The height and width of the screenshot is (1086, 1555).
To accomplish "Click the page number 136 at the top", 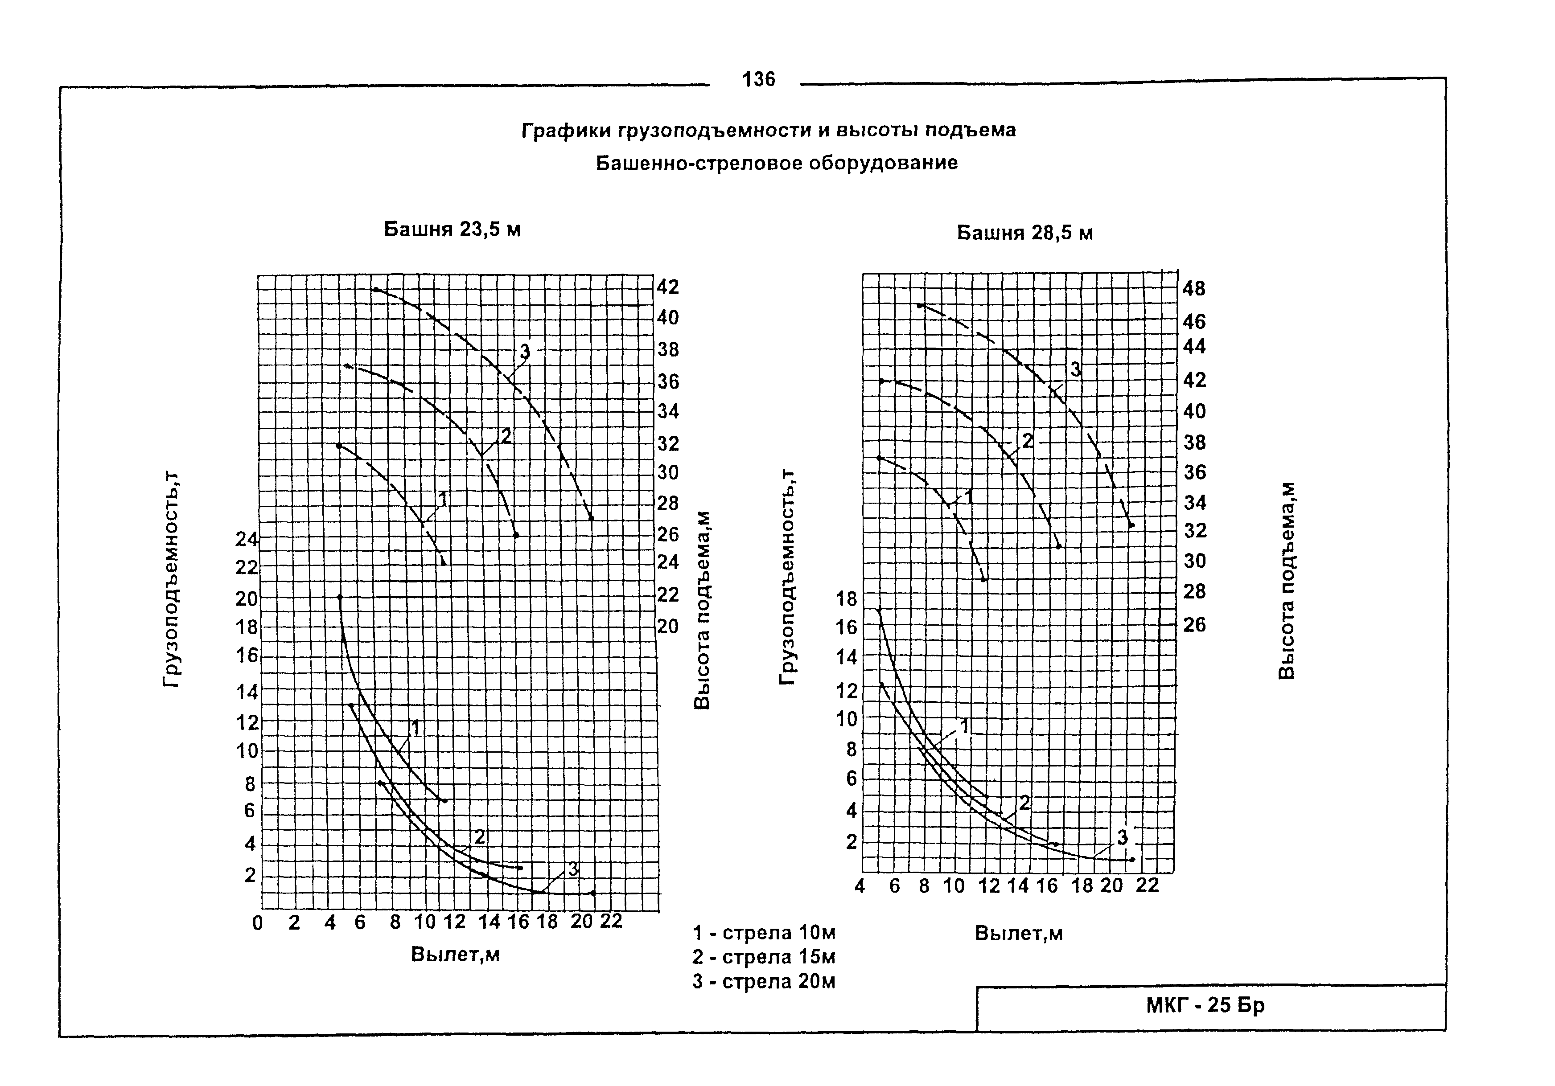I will tap(758, 80).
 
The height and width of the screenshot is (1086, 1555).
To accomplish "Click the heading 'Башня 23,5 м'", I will tap(452, 229).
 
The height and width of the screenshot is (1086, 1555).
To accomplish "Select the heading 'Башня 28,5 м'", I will tap(1024, 233).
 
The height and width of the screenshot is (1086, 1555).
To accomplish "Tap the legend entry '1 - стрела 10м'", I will tap(763, 933).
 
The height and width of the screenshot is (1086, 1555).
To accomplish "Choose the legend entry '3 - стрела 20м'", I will tap(763, 982).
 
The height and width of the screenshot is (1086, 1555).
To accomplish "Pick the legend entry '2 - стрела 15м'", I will tap(763, 957).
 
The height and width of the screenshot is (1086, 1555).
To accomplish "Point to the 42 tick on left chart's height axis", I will tap(668, 287).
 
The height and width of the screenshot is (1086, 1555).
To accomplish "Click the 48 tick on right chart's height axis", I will tap(1194, 289).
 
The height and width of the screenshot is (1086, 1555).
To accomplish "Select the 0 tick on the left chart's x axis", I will tap(257, 923).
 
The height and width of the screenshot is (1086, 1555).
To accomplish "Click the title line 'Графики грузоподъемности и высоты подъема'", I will tap(769, 130).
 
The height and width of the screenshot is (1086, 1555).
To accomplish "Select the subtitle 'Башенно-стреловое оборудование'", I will tap(777, 163).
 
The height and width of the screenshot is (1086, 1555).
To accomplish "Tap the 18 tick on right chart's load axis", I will tap(847, 598).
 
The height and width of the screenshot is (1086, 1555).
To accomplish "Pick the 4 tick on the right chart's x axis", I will tap(860, 886).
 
